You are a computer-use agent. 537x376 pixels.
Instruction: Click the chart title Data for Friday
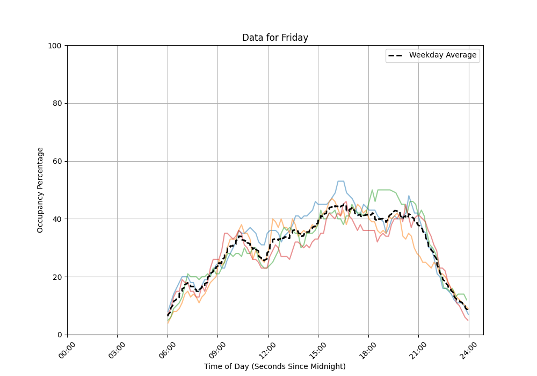pos(275,38)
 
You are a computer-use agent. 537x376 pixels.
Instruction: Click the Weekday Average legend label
pos(442,55)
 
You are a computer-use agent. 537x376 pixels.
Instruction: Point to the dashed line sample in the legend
pos(397,55)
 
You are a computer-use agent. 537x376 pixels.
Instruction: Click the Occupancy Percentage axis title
pos(40,190)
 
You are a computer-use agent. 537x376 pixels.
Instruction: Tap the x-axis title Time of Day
pos(275,366)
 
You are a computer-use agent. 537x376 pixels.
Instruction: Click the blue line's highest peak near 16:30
pos(340,181)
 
